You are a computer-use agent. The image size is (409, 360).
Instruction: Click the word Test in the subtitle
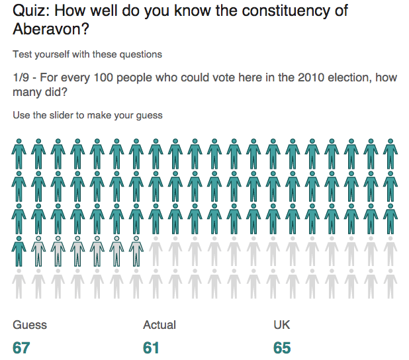point(21,54)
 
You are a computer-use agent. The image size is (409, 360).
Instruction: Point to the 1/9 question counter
point(24,77)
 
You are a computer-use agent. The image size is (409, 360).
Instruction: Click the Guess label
point(30,325)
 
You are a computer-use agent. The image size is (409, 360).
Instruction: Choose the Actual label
point(159,325)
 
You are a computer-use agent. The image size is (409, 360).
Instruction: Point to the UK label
point(281,325)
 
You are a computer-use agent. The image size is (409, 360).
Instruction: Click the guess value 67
point(22,347)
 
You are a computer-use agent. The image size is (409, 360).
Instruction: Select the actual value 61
point(152,347)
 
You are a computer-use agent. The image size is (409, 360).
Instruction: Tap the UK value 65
point(282,347)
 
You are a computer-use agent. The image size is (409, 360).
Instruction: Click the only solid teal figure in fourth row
point(19,252)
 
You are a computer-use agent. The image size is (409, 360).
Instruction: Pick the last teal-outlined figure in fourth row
point(136,252)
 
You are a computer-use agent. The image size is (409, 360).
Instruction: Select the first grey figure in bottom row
point(19,285)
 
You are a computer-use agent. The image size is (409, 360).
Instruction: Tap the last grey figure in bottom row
point(390,285)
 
